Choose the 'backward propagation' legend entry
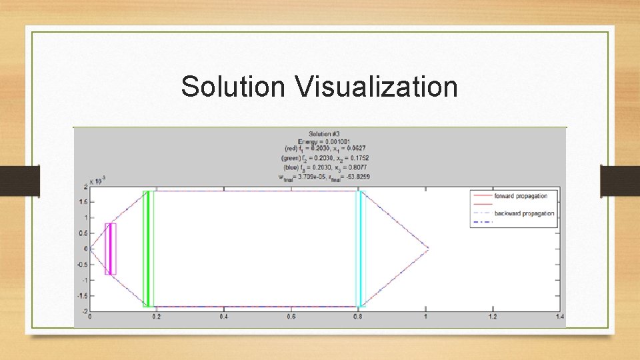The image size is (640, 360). pyautogui.click(x=523, y=213)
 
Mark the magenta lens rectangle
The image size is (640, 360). pyautogui.click(x=111, y=249)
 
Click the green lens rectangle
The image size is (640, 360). pyautogui.click(x=148, y=249)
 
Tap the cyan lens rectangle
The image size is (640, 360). pyautogui.click(x=361, y=249)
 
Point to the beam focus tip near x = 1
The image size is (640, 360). pyautogui.click(x=427, y=249)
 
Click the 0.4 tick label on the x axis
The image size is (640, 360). pyautogui.click(x=223, y=317)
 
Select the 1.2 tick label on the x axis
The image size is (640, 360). pyautogui.click(x=492, y=317)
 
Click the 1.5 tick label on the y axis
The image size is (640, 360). pyautogui.click(x=83, y=202)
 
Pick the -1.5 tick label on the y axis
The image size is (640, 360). pyautogui.click(x=82, y=296)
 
